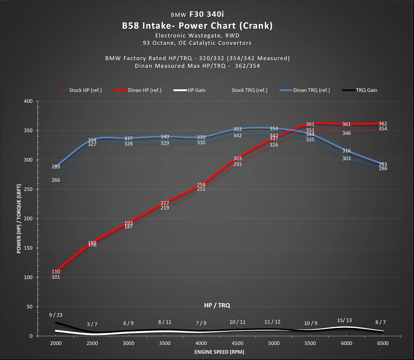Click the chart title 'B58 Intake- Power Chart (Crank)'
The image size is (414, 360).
tap(197, 26)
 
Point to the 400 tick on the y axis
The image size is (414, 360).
tap(28, 101)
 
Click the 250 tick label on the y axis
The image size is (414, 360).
tap(28, 189)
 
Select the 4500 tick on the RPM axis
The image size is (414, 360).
tap(237, 343)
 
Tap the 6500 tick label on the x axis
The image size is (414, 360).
tap(383, 343)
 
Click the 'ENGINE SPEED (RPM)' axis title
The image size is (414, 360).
tap(219, 352)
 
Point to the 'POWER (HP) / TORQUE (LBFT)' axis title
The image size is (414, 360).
tap(19, 219)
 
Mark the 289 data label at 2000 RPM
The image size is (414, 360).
tap(56, 166)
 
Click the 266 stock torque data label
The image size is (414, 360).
tap(56, 180)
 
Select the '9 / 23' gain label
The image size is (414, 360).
tap(56, 315)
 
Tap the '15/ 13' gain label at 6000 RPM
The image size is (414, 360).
tap(344, 320)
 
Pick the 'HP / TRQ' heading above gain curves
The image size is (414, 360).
tap(217, 305)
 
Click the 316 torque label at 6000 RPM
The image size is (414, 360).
tap(346, 151)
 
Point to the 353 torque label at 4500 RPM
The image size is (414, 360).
tap(237, 129)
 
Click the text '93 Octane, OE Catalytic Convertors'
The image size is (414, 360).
tap(197, 43)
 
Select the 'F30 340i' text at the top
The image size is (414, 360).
tap(207, 14)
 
